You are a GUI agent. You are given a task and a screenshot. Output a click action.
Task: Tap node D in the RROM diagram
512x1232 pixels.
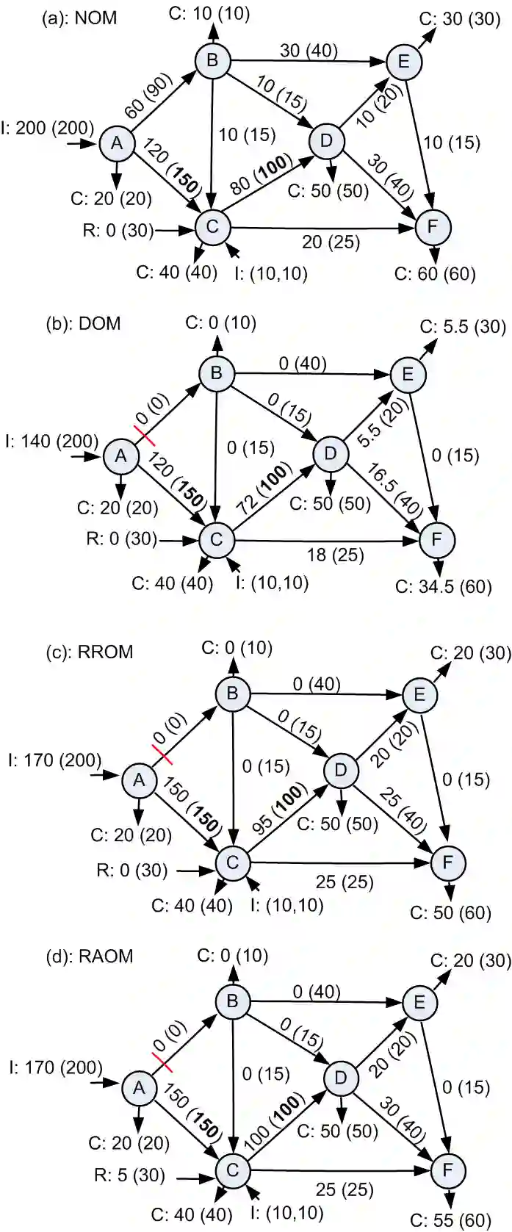341,770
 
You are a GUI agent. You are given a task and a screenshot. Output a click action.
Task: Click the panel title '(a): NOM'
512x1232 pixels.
80,18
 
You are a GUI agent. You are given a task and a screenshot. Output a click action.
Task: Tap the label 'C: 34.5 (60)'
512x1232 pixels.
444,587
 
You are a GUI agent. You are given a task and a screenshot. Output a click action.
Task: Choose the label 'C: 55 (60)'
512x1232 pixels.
451,1221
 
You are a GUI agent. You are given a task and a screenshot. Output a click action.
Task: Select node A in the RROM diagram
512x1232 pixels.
139,782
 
